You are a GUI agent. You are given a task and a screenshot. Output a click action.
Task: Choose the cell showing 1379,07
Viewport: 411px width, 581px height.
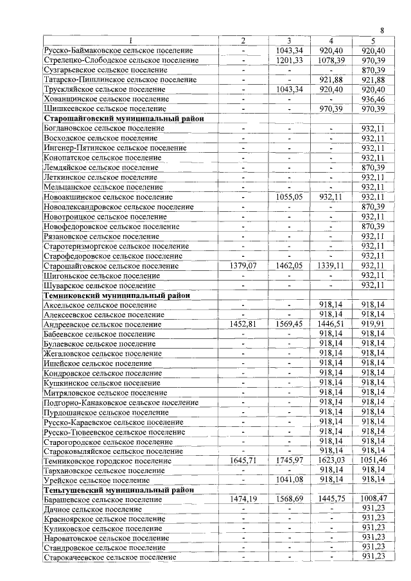(x=243, y=266)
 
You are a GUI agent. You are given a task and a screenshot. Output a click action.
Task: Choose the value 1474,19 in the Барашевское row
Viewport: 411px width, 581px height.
(x=243, y=499)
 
